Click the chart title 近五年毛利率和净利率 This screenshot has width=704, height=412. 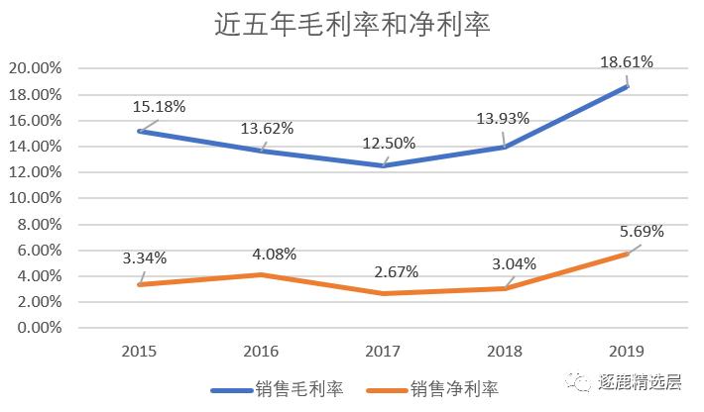click(353, 25)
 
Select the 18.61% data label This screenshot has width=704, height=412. click(627, 61)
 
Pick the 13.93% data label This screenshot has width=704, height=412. click(503, 118)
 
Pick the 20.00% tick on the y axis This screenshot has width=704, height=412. click(34, 69)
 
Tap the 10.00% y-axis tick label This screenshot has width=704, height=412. click(34, 198)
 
